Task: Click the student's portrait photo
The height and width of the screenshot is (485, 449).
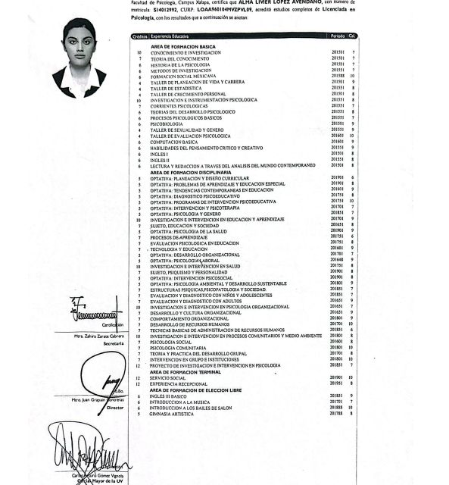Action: [80, 58]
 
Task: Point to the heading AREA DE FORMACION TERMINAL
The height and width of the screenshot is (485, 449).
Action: [184, 372]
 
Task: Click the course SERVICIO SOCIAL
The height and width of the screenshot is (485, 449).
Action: [168, 377]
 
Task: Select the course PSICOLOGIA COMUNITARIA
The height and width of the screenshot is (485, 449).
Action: [176, 348]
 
